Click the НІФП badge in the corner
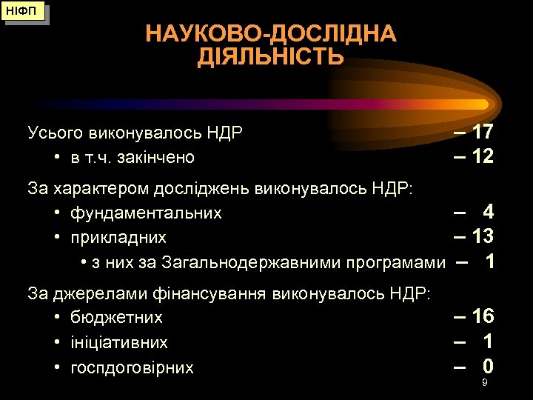tap(24, 12)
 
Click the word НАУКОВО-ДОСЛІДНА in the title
tap(271, 34)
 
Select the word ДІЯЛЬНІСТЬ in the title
tap(271, 58)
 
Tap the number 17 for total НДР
tap(483, 133)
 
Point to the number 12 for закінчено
tap(483, 156)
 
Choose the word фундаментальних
tap(146, 213)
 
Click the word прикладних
tap(118, 238)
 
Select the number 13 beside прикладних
tap(483, 236)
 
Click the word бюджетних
tap(116, 318)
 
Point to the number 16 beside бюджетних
tap(483, 316)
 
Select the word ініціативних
tap(119, 343)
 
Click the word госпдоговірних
tap(132, 367)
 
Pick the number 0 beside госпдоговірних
tap(488, 366)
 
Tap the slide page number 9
tap(484, 383)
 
